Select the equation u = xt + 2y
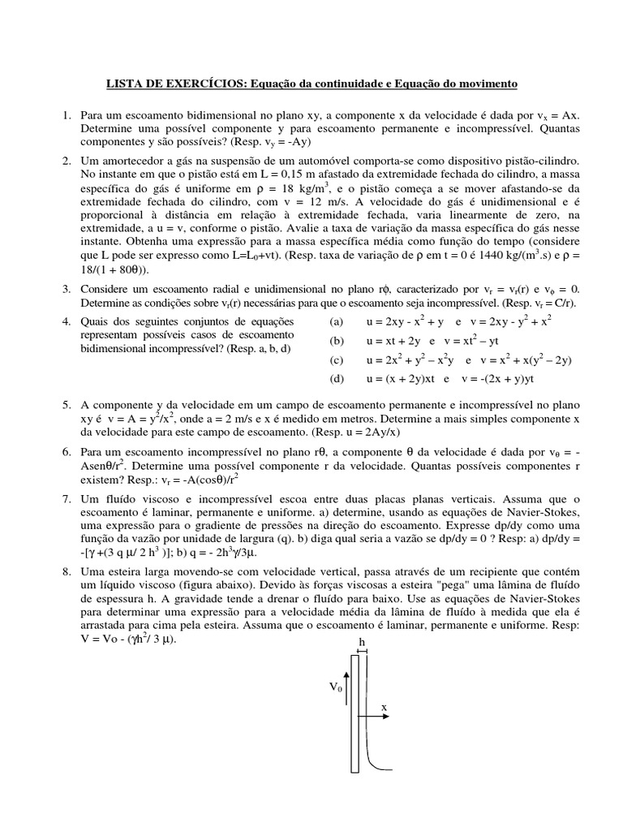[396, 341]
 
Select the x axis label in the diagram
[385, 708]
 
